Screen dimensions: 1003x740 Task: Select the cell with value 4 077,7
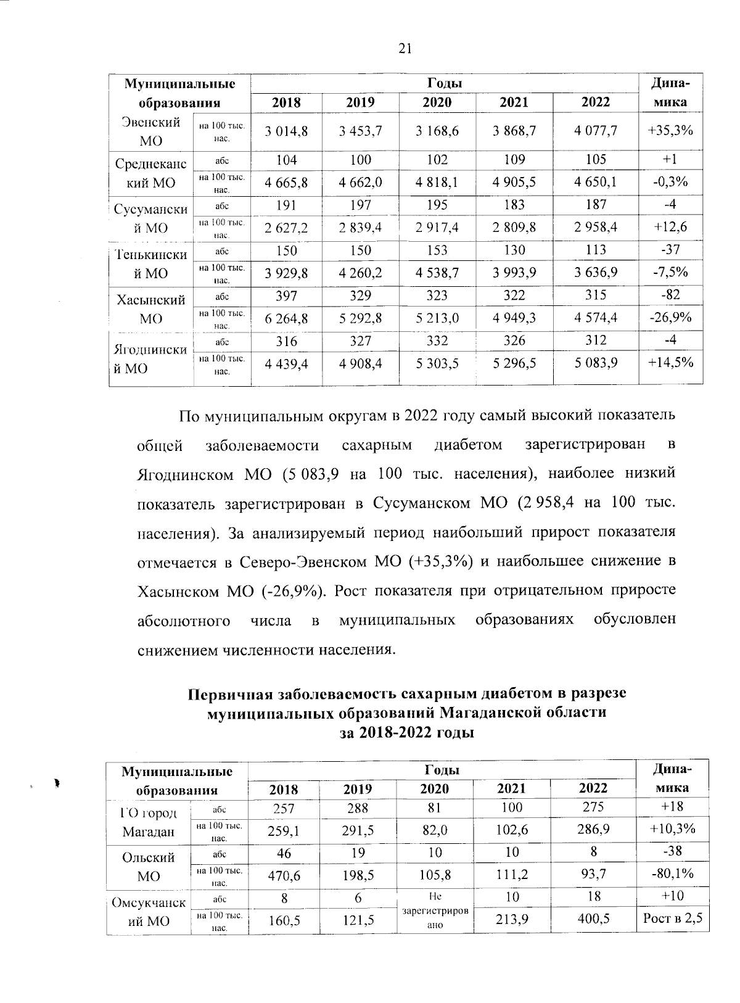(595, 130)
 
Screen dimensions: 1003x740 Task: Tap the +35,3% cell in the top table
(672, 130)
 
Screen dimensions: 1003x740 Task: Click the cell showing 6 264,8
(286, 318)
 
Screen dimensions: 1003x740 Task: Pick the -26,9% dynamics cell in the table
(672, 318)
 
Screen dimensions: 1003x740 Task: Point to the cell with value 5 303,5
(437, 363)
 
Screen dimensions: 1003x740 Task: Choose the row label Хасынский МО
(151, 309)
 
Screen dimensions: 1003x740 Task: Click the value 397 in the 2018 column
(286, 295)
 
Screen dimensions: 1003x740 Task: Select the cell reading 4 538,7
(437, 272)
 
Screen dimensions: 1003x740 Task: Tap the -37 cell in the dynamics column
(672, 250)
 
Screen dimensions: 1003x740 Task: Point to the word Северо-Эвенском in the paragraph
(304, 562)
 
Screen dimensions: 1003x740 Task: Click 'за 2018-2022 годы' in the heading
(407, 733)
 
